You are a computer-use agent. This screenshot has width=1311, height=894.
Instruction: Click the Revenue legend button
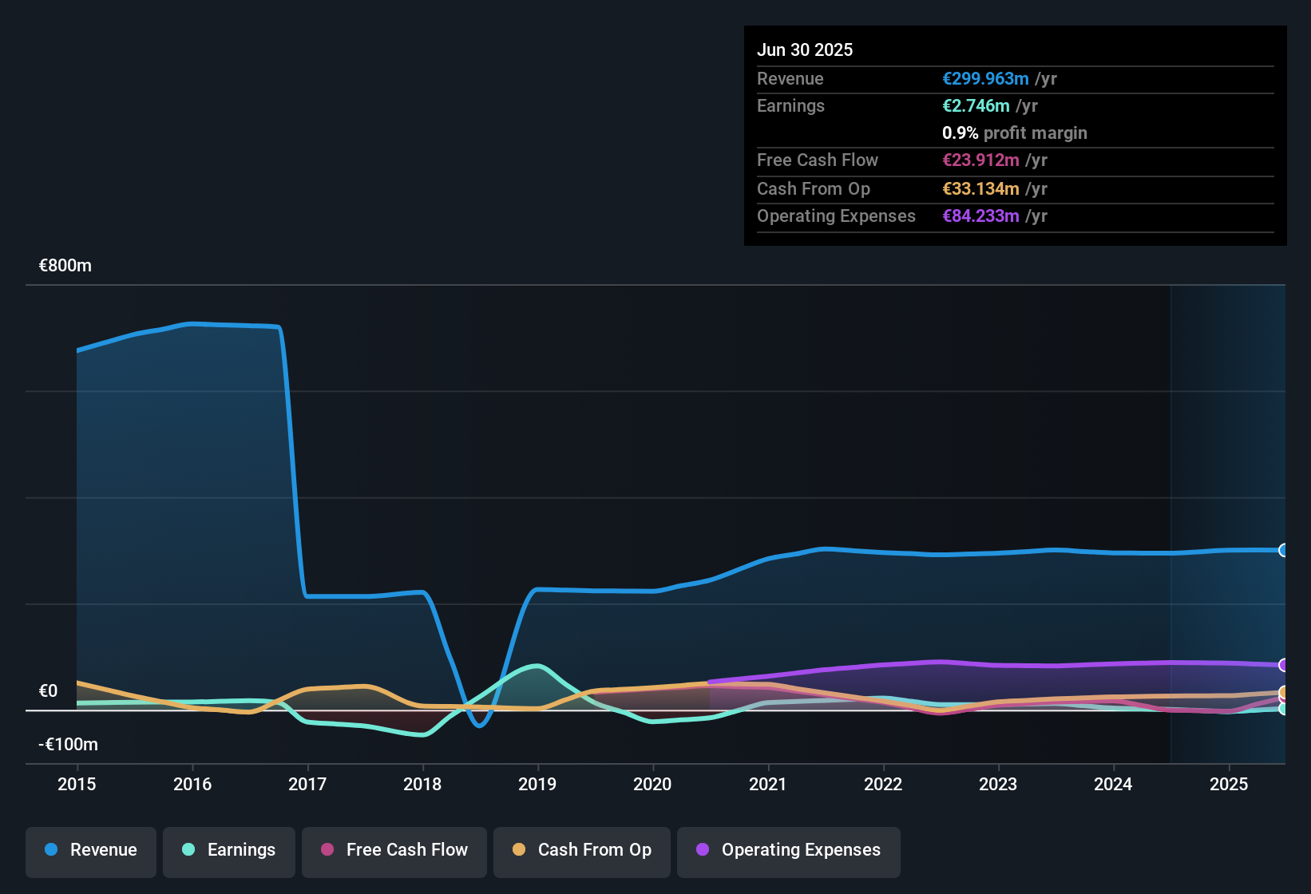[x=90, y=850]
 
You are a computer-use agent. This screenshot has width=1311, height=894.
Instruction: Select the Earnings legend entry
[x=228, y=850]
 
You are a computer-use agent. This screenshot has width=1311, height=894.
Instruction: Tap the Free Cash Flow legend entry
[x=394, y=850]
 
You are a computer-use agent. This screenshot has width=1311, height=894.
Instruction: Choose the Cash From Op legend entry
[x=581, y=850]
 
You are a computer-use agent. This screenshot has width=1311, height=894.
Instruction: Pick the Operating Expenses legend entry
[x=788, y=850]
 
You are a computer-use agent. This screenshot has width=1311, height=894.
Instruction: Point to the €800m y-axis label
[x=65, y=266]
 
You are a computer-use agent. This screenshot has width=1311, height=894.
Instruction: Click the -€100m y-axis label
[x=68, y=745]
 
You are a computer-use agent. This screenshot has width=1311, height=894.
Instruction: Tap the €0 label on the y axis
[x=48, y=691]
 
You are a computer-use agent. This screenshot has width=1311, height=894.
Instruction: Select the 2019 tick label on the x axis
[x=537, y=785]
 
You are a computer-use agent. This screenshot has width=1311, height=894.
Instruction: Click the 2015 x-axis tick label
[x=77, y=785]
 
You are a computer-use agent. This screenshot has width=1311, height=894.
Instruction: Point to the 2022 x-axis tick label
[x=883, y=785]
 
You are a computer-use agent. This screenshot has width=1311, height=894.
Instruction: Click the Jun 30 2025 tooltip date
[x=804, y=50]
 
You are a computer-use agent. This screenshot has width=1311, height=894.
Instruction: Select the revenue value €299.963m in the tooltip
[x=984, y=79]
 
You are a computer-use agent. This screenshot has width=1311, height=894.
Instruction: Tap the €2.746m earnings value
[x=975, y=106]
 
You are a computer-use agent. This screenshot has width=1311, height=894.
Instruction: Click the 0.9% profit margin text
[x=1014, y=133]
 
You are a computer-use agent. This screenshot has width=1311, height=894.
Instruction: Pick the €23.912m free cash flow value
[x=980, y=160]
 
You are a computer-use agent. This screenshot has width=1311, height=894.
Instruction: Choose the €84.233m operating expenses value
[x=980, y=216]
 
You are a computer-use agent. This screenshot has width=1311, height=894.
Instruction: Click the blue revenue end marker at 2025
[x=1283, y=550]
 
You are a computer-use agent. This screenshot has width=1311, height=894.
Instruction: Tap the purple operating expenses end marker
[x=1283, y=665]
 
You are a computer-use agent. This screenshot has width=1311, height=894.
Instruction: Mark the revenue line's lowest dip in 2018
[x=479, y=726]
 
